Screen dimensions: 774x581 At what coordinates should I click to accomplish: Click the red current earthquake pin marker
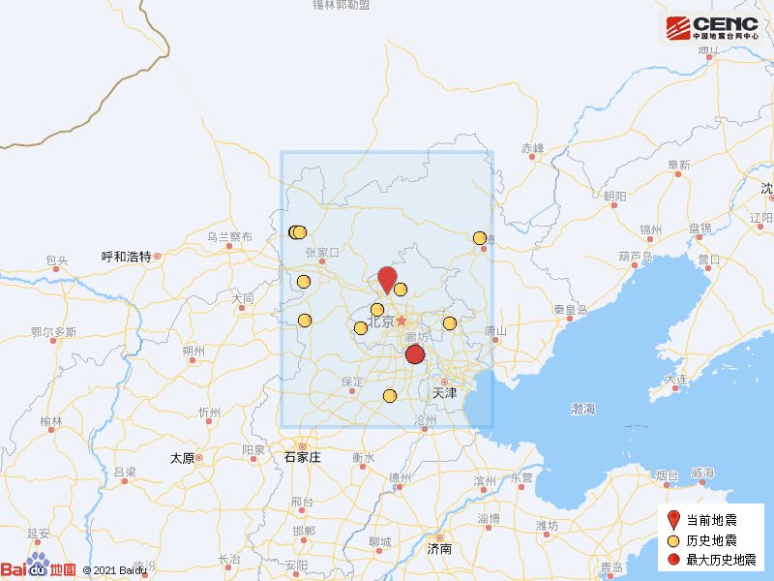pyautogui.click(x=387, y=279)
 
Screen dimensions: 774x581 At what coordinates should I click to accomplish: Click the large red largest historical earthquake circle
pyautogui.click(x=415, y=354)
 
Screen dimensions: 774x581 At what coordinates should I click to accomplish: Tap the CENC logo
pyautogui.click(x=712, y=27)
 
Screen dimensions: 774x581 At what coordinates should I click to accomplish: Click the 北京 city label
pyautogui.click(x=381, y=322)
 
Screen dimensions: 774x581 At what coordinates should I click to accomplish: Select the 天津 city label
pyautogui.click(x=444, y=393)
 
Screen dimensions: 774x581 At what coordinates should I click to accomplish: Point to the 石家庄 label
pyautogui.click(x=302, y=457)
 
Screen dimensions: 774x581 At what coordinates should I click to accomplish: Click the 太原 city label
pyautogui.click(x=182, y=458)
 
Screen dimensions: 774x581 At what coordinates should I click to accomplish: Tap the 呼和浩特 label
pyautogui.click(x=127, y=257)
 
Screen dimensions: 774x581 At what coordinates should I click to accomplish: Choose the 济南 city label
pyautogui.click(x=439, y=549)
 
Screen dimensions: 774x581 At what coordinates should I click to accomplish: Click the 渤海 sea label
pyautogui.click(x=583, y=410)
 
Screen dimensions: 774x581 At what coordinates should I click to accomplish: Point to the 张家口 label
pyautogui.click(x=323, y=253)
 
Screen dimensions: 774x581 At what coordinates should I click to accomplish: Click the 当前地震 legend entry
pyautogui.click(x=712, y=520)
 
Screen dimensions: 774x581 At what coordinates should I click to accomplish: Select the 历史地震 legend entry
pyautogui.click(x=712, y=540)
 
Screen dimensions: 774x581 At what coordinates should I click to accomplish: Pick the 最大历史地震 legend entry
pyautogui.click(x=718, y=561)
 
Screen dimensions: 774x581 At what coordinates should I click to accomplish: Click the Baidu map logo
pyautogui.click(x=39, y=570)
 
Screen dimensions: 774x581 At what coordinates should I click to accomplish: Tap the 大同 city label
pyautogui.click(x=242, y=298)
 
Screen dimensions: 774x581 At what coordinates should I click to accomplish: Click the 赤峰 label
pyautogui.click(x=533, y=148)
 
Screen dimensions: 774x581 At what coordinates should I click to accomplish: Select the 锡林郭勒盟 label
pyautogui.click(x=341, y=5)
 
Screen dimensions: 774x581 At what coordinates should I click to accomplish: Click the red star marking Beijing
pyautogui.click(x=402, y=321)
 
